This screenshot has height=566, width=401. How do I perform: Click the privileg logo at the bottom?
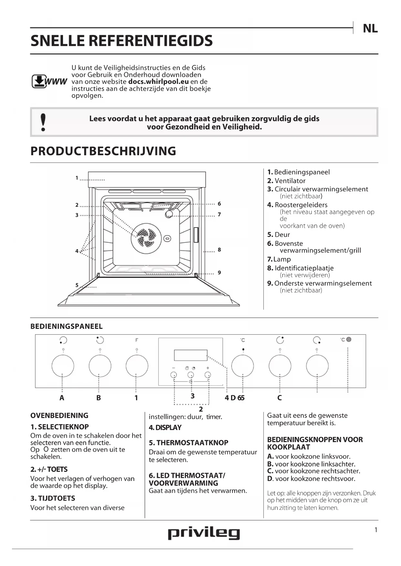click(x=204, y=533)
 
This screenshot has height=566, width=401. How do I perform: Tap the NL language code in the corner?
click(x=370, y=28)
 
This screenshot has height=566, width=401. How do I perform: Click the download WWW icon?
click(x=49, y=81)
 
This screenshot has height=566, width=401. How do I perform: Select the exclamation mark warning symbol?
click(x=43, y=122)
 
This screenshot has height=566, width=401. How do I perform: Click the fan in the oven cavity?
click(x=146, y=238)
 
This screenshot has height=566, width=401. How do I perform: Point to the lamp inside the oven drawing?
click(x=169, y=214)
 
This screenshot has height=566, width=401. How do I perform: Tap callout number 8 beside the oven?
click(x=219, y=249)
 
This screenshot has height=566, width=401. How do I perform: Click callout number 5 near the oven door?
click(x=77, y=285)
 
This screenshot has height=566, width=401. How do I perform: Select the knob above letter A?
click(x=63, y=366)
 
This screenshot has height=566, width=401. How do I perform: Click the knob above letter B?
click(x=100, y=366)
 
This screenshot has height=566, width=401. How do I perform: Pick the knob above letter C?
click(x=280, y=366)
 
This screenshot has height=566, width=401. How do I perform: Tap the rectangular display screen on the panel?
click(x=191, y=355)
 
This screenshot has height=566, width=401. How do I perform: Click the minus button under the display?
click(x=174, y=375)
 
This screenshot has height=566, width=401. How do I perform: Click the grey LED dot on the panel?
click(x=349, y=339)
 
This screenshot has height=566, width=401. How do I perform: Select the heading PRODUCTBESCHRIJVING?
click(x=103, y=151)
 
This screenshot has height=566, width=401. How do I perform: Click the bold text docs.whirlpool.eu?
click(x=158, y=82)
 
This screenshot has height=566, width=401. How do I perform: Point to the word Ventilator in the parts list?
click(x=290, y=181)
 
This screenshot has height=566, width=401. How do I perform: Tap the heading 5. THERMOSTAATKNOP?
click(x=188, y=443)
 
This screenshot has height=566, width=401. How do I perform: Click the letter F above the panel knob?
click(x=137, y=340)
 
